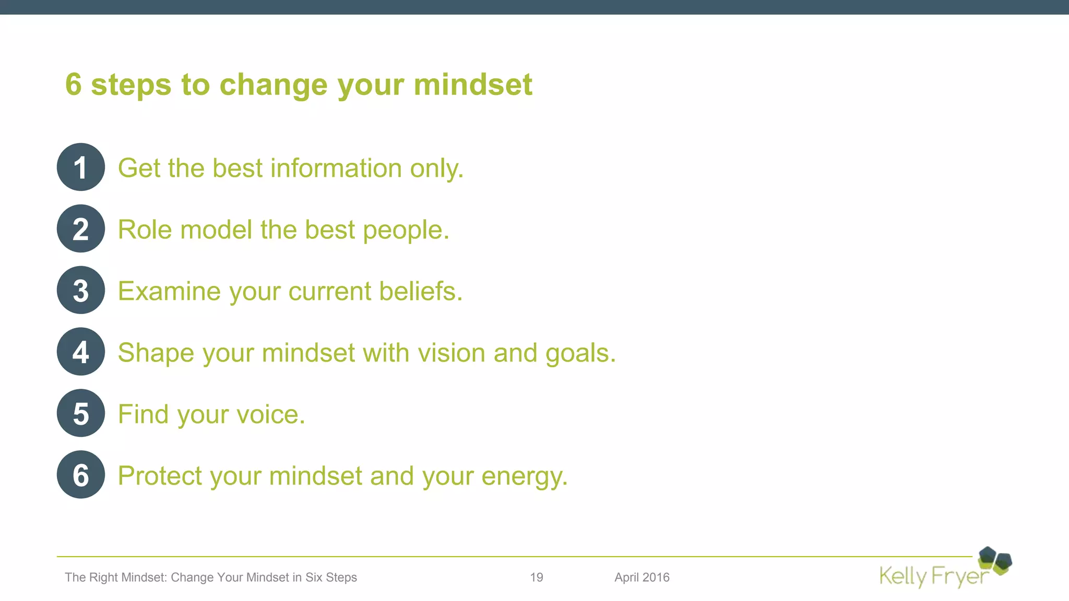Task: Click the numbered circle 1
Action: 80,167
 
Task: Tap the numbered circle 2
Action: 80,229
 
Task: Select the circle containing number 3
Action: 80,290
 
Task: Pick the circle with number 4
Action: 80,352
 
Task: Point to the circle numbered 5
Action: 80,413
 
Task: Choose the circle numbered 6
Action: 80,475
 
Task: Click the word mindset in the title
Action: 473,85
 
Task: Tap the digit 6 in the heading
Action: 74,85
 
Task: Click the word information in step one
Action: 336,169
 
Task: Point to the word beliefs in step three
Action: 420,291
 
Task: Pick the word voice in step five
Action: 270,415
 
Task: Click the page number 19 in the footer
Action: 537,578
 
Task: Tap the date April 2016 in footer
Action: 642,578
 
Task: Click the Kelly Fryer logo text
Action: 934,576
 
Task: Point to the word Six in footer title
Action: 314,578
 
